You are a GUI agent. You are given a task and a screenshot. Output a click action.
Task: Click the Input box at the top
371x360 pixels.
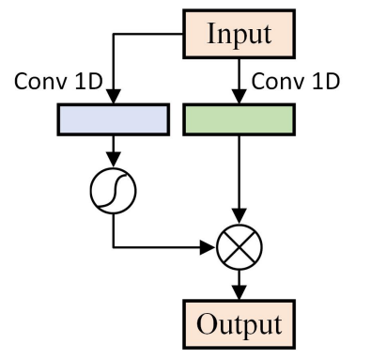[x=239, y=36]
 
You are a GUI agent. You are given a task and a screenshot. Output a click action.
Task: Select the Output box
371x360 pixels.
[x=239, y=324]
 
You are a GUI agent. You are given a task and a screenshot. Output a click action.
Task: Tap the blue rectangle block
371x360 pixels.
[x=114, y=118]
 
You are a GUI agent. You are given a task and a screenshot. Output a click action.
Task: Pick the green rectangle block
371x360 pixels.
[x=240, y=118]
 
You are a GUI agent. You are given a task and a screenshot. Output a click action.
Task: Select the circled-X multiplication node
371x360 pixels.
[x=240, y=248]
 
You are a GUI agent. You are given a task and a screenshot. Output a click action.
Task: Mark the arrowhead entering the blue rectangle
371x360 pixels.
[x=114, y=97]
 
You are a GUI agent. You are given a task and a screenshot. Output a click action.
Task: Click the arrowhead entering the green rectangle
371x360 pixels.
[x=240, y=97]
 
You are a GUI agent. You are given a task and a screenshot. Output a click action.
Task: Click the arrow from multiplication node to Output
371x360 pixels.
[x=240, y=285]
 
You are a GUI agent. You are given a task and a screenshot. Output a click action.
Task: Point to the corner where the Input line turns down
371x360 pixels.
[x=114, y=36]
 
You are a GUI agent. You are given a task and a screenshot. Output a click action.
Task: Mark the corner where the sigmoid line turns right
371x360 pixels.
[x=114, y=248]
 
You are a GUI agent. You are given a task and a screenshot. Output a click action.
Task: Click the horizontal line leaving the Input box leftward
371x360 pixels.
[x=150, y=36]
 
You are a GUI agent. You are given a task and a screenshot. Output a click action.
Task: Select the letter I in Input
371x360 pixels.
[x=210, y=36]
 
